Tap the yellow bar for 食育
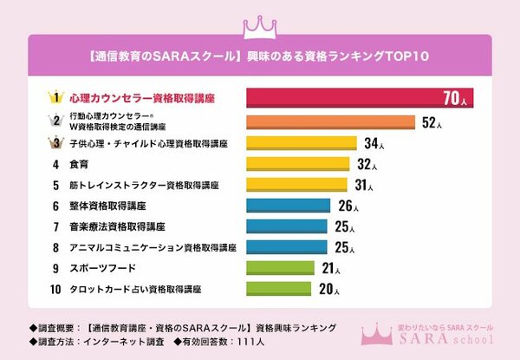(297, 163)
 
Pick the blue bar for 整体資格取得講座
(289, 206)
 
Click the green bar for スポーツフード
(281, 268)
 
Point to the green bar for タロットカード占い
(279, 289)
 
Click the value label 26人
(347, 206)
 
